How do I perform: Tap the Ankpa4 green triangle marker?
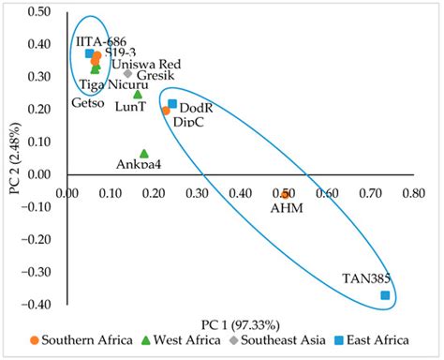tap(144, 153)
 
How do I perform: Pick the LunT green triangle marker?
tap(138, 94)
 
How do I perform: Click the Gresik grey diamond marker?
tap(128, 73)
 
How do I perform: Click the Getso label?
tap(87, 103)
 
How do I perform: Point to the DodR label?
tap(196, 108)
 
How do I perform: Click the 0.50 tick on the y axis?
tap(38, 11)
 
